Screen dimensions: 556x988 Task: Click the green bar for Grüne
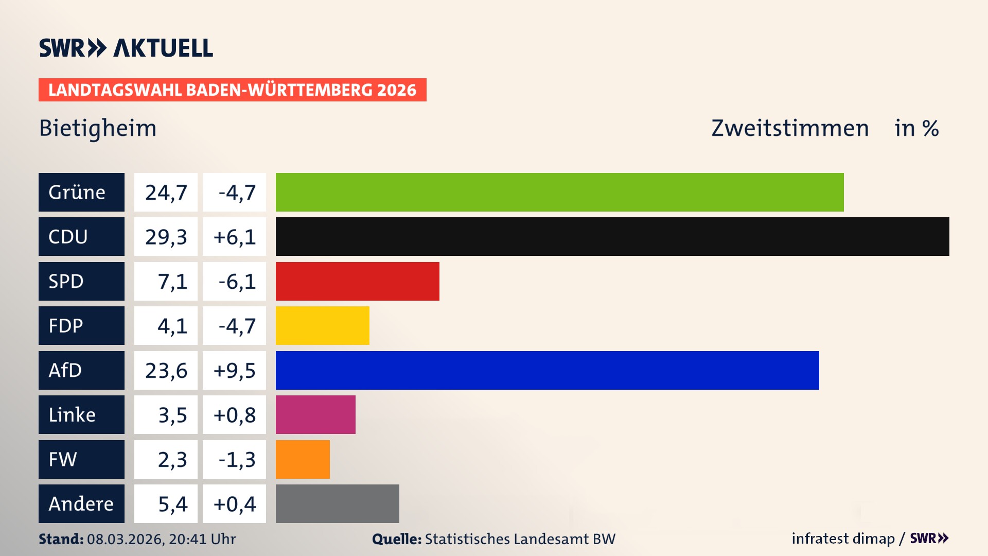pos(559,192)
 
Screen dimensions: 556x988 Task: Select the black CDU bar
pos(612,236)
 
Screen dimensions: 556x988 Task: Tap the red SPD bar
pos(357,281)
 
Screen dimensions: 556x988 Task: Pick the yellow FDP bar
pos(322,325)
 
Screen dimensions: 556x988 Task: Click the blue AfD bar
pos(547,370)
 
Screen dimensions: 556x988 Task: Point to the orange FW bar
pos(303,459)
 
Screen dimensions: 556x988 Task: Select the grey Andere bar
pos(337,503)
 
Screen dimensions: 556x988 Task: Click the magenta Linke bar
pos(315,414)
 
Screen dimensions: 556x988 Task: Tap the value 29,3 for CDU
pos(166,237)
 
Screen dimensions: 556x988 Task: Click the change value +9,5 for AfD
pos(234,371)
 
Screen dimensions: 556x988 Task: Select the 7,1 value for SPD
pos(172,282)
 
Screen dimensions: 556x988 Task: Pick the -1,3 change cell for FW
pos(237,459)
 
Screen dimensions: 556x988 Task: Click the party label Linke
pos(72,415)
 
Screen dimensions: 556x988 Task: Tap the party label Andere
pos(81,503)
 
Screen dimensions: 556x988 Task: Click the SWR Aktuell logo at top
pos(126,48)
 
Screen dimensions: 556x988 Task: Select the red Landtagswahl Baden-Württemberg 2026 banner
pos(232,90)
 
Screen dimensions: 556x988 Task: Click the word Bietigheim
pos(98,128)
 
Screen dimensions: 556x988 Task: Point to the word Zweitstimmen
pos(790,128)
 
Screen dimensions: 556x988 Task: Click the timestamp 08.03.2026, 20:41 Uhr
pos(161,539)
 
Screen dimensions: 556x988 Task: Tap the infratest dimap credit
pos(843,538)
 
